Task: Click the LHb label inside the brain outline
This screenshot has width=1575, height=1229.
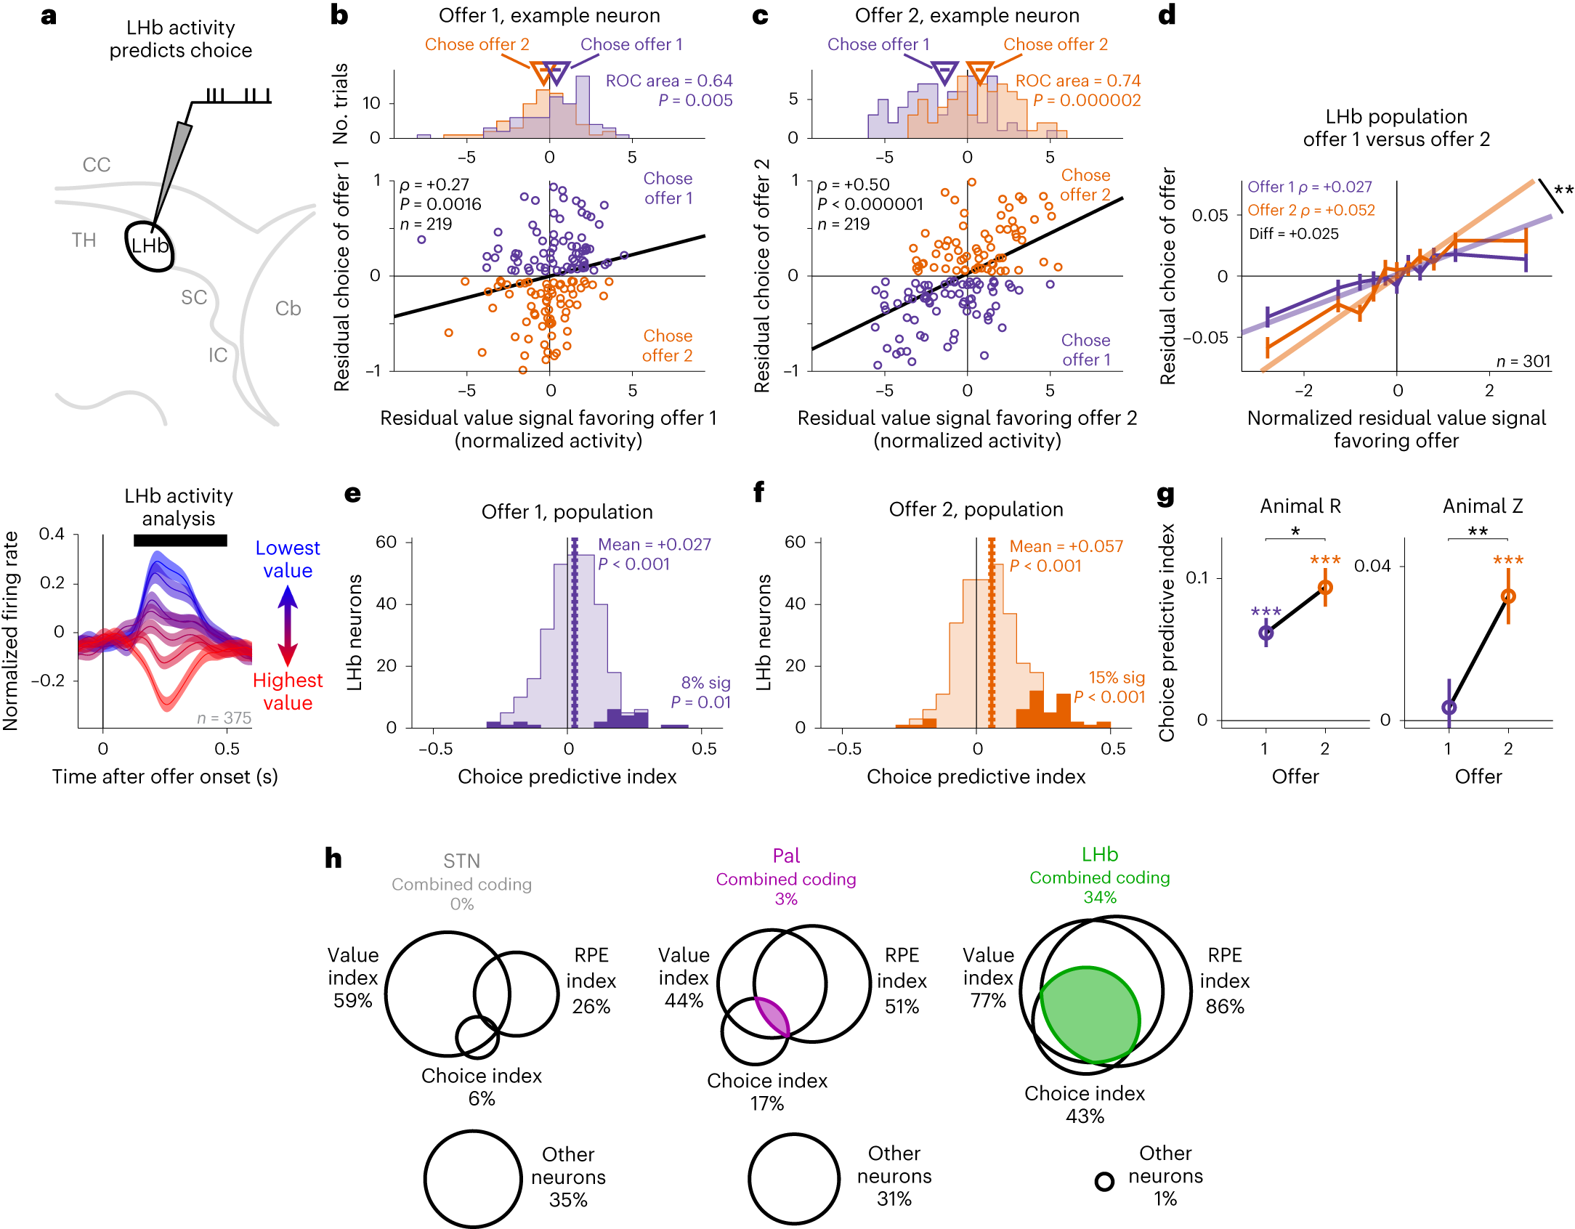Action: click(x=150, y=246)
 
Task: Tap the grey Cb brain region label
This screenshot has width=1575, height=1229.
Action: click(x=288, y=309)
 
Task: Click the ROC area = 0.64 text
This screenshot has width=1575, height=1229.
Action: click(x=668, y=81)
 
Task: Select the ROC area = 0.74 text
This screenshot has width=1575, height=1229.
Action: click(x=1077, y=81)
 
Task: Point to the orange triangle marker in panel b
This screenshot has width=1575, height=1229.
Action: click(x=542, y=73)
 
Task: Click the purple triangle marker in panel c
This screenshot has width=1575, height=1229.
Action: click(x=944, y=73)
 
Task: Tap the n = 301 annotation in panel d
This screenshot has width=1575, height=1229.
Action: click(x=1523, y=361)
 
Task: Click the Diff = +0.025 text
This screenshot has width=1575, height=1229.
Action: click(x=1293, y=234)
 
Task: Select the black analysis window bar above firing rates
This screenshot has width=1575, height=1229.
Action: click(x=180, y=540)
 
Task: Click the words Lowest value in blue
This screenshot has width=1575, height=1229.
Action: click(x=288, y=559)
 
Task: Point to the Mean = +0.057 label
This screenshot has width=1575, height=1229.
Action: click(x=1066, y=546)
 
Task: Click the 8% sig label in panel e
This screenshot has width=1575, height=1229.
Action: click(x=705, y=682)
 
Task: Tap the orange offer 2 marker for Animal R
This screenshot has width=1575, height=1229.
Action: click(x=1325, y=588)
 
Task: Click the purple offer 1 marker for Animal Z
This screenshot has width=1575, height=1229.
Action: click(x=1449, y=707)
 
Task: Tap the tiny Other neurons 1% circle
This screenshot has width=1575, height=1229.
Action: click(x=1104, y=1182)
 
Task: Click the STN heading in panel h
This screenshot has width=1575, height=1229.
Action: click(x=461, y=861)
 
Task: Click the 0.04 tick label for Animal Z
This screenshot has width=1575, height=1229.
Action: click(x=1372, y=566)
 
